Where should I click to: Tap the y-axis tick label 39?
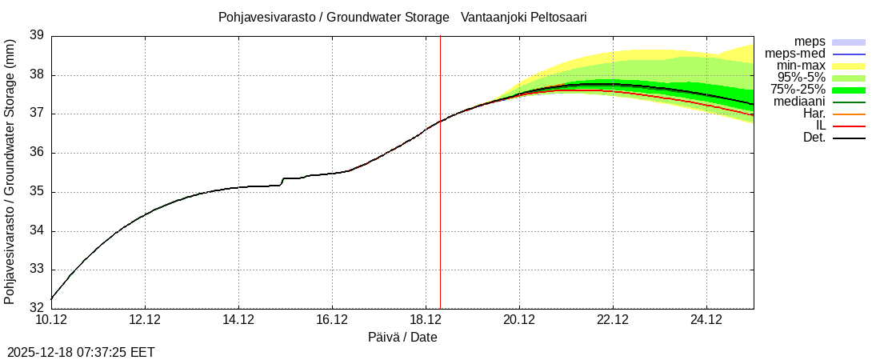pyautogui.click(x=36, y=35)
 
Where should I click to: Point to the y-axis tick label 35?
pyautogui.click(x=36, y=192)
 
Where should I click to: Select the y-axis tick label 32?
pyautogui.click(x=36, y=307)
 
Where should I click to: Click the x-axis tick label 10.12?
pyautogui.click(x=51, y=321)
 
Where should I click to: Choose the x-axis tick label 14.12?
pyautogui.click(x=238, y=321)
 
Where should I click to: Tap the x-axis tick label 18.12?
pyautogui.click(x=426, y=321)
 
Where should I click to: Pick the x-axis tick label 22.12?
pyautogui.click(x=613, y=321)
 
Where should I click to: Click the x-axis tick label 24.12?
pyautogui.click(x=706, y=321)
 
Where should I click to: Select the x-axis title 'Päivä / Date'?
pyautogui.click(x=402, y=338)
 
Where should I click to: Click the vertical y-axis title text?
pyautogui.click(x=10, y=171)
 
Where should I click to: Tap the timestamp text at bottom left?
pyautogui.click(x=81, y=352)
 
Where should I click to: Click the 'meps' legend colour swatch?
pyautogui.click(x=849, y=42)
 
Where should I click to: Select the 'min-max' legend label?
pyautogui.click(x=801, y=66)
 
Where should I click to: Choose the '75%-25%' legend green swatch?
pyautogui.click(x=849, y=90)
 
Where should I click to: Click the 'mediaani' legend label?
pyautogui.click(x=799, y=102)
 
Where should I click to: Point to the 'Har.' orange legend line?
pyautogui.click(x=849, y=114)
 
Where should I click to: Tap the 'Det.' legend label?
pyautogui.click(x=814, y=138)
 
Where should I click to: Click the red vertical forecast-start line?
pyautogui.click(x=440, y=200)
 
